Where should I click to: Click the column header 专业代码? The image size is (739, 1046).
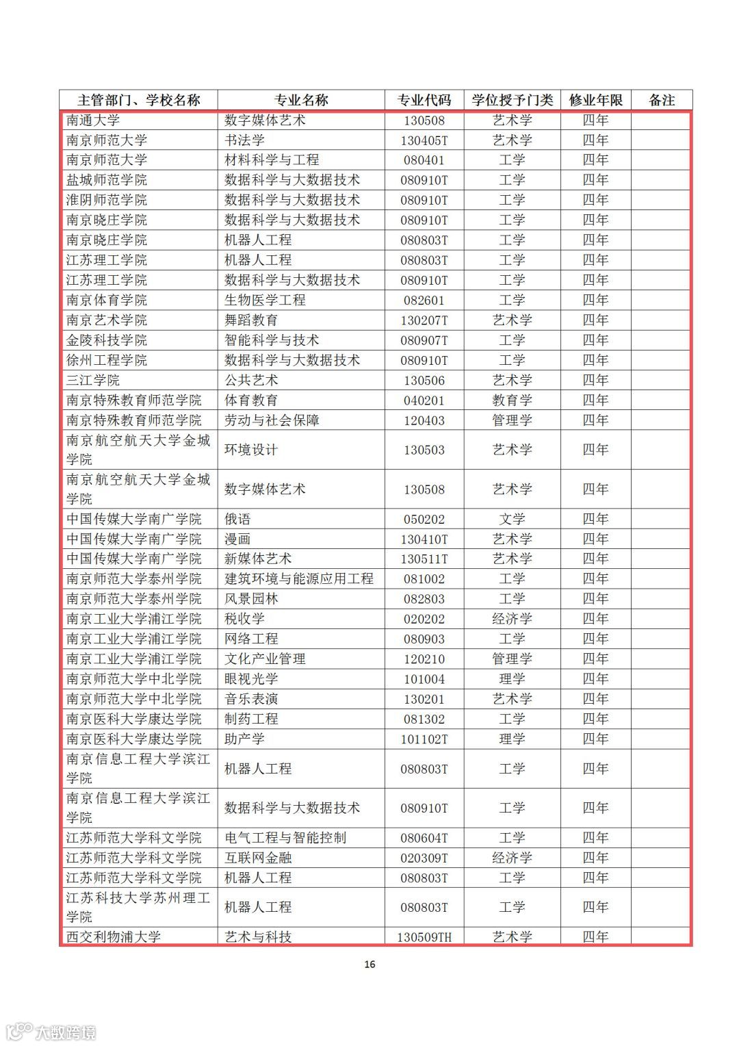pyautogui.click(x=424, y=100)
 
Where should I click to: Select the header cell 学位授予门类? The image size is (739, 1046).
pyautogui.click(x=513, y=100)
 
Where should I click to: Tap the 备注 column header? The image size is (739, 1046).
pyautogui.click(x=662, y=100)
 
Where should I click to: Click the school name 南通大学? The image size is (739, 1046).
pyautogui.click(x=93, y=120)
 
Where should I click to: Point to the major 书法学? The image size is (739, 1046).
pyautogui.click(x=244, y=140)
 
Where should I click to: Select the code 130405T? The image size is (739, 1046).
pyautogui.click(x=424, y=140)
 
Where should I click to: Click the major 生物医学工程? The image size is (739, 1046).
pyautogui.click(x=265, y=300)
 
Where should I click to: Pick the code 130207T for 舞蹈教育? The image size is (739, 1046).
pyautogui.click(x=424, y=320)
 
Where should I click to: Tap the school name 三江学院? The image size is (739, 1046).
pyautogui.click(x=93, y=380)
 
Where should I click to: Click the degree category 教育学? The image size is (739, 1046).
pyautogui.click(x=512, y=400)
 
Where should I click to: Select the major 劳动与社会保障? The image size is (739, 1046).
pyautogui.click(x=272, y=420)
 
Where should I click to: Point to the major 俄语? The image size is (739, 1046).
pyautogui.click(x=237, y=519)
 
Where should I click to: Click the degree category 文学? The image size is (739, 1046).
pyautogui.click(x=512, y=519)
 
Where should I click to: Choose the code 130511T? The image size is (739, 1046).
pyautogui.click(x=424, y=559)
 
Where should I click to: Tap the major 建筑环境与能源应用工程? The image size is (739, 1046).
pyautogui.click(x=299, y=579)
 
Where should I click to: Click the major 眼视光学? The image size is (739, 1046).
pyautogui.click(x=251, y=679)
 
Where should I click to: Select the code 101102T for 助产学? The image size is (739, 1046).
pyautogui.click(x=424, y=739)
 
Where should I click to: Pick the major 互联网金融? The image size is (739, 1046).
pyautogui.click(x=258, y=858)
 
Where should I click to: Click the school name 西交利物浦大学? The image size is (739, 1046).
pyautogui.click(x=114, y=936)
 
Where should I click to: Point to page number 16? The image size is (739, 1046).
pyautogui.click(x=369, y=965)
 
